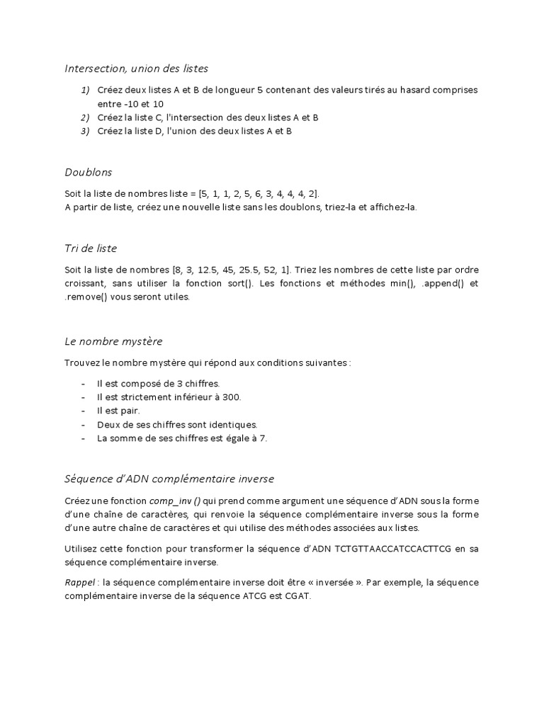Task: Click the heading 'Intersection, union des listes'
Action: (137, 69)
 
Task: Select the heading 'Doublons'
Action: (88, 172)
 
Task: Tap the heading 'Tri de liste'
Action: (91, 249)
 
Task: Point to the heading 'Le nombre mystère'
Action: (113, 341)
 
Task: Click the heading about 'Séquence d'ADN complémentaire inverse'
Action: (169, 479)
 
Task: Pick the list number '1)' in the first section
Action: (85, 90)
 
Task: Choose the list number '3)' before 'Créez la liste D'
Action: (85, 131)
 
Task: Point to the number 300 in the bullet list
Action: (231, 397)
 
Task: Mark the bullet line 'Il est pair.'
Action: (118, 411)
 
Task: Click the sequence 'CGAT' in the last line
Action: (299, 596)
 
